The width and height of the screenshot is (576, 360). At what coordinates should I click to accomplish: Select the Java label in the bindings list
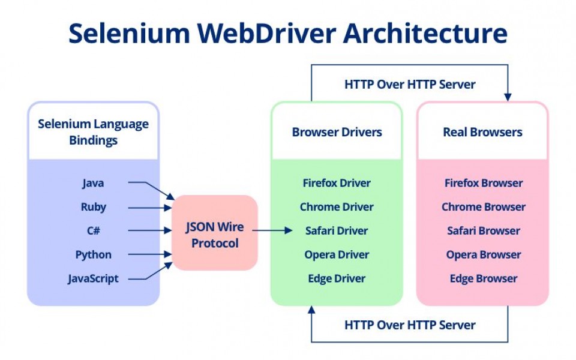(93, 183)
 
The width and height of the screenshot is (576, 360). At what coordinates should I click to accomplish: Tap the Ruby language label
(93, 207)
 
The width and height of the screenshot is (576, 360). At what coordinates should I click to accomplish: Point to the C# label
(93, 230)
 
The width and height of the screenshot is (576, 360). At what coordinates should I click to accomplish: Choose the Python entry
(93, 254)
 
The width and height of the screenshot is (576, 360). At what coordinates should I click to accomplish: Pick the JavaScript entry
(93, 278)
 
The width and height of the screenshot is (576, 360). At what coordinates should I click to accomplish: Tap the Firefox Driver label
(337, 183)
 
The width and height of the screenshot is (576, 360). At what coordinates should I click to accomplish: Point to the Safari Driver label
(337, 230)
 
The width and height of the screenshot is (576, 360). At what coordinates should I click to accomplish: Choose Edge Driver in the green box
(337, 278)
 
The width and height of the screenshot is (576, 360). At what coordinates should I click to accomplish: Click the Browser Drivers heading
(337, 132)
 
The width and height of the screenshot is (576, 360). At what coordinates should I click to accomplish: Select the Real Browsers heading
(482, 132)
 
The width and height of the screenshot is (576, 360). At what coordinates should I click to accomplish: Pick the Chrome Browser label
(483, 207)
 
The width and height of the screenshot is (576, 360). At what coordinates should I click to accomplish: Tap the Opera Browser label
(483, 254)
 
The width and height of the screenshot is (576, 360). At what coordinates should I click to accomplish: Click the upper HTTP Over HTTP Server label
(410, 85)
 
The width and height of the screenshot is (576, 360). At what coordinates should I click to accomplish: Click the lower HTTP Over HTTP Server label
(410, 325)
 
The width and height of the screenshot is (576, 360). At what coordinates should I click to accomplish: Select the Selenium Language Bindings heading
(93, 132)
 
